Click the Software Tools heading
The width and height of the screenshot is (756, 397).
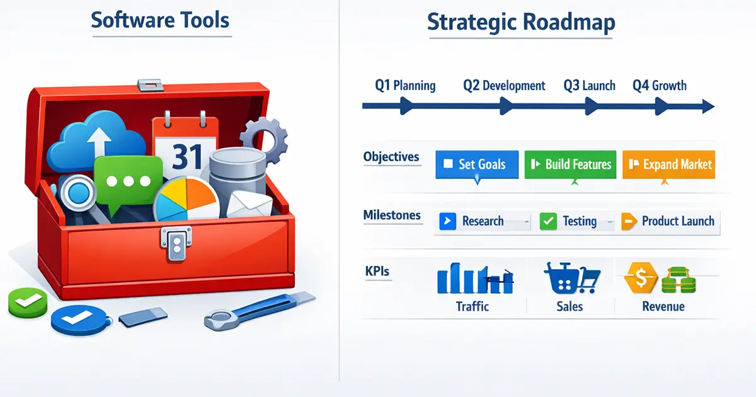pos(160,20)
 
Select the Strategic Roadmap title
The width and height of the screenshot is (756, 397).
pos(521,22)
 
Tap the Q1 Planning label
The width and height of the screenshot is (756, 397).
pos(405,86)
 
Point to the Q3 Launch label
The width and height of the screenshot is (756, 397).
pos(589,86)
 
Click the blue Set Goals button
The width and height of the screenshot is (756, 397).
pos(477,164)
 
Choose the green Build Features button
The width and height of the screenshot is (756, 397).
pos(570,164)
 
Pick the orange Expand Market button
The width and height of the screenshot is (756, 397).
pos(668,164)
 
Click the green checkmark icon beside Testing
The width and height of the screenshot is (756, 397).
pos(548,221)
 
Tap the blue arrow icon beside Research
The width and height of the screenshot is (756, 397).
pos(447,221)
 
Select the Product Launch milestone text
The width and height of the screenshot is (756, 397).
pos(678,221)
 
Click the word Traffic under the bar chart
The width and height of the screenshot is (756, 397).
pos(472,306)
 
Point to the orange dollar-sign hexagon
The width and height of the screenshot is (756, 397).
pos(641,278)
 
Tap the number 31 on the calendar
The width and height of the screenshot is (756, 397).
pos(187,157)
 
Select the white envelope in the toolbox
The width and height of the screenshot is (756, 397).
pos(249,204)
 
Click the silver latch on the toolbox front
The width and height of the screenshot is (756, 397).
pos(176,243)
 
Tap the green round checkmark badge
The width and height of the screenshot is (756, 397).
pos(28,302)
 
